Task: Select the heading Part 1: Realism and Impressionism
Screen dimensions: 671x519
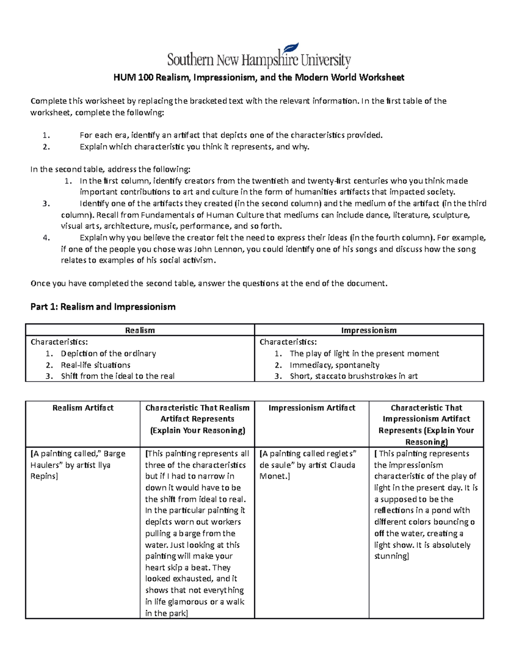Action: [x=103, y=307]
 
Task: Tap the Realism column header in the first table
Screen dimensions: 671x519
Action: [x=140, y=331]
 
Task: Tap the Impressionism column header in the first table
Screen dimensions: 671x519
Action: [x=368, y=331]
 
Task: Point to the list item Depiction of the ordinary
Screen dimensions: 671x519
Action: [x=108, y=353]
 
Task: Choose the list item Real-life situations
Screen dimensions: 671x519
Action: [x=96, y=365]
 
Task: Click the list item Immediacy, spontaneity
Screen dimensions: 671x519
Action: [x=334, y=365]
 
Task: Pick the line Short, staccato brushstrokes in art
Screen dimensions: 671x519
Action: [x=353, y=376]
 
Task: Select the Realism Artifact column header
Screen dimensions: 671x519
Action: [x=83, y=408]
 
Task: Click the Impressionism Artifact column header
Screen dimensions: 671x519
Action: [x=311, y=408]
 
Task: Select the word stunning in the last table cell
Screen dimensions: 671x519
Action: [x=390, y=557]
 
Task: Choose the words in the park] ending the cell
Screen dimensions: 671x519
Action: [x=166, y=614]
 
